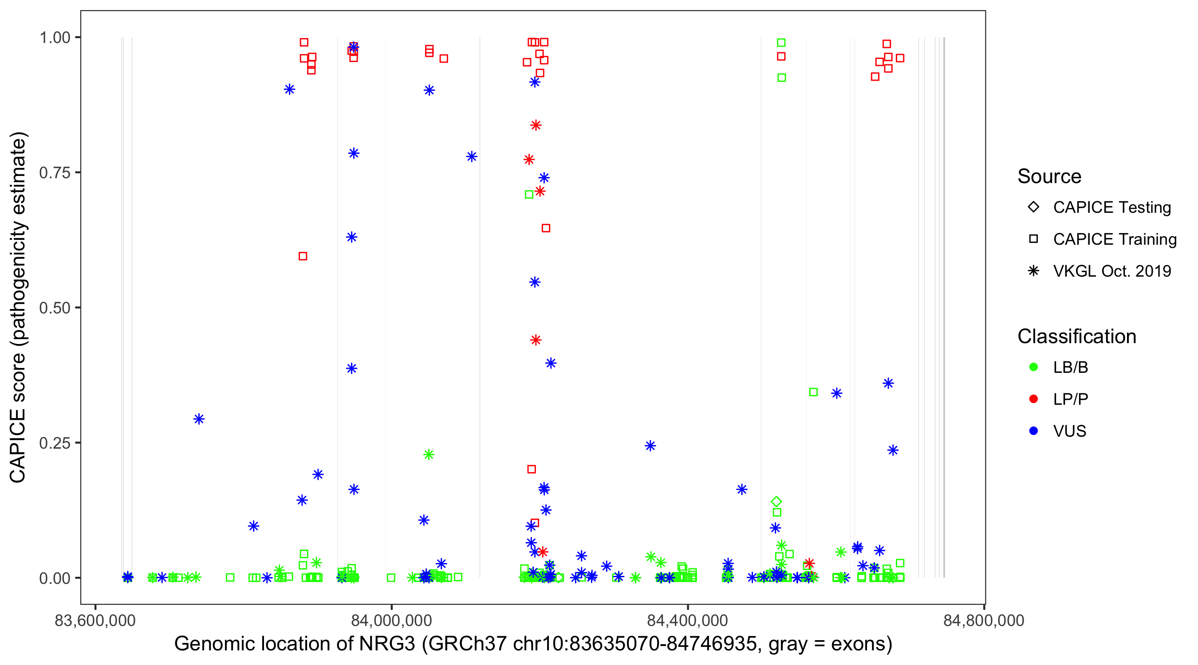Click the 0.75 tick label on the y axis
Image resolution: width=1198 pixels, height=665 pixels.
tap(54, 173)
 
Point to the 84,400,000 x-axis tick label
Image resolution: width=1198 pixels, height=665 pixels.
tap(687, 620)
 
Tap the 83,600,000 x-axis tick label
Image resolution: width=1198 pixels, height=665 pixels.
tap(95, 620)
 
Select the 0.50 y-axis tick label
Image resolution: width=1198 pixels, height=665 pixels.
tap(54, 308)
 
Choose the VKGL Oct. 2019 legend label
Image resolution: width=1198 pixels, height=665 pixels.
tap(1112, 271)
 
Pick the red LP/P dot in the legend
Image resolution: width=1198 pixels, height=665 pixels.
tap(1033, 399)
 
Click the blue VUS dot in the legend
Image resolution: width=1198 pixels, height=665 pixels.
tap(1033, 431)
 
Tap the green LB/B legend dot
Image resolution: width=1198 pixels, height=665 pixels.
tap(1033, 367)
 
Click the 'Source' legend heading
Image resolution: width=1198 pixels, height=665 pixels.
tap(1049, 176)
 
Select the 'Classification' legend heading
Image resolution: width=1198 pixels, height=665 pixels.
tap(1076, 336)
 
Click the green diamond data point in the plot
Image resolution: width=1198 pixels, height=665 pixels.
tap(776, 502)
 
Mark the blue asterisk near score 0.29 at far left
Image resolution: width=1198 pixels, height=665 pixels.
tap(199, 419)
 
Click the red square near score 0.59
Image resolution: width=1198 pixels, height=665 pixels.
tap(303, 257)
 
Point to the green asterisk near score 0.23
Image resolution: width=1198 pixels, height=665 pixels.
tap(429, 454)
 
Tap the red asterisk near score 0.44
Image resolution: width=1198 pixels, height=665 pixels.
tap(536, 340)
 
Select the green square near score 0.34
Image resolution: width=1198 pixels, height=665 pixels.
tap(813, 392)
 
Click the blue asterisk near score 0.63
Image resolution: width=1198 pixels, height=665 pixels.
tap(351, 238)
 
